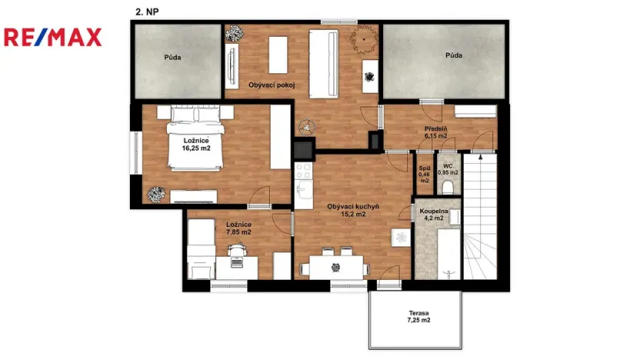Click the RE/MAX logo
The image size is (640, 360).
pos(52,37)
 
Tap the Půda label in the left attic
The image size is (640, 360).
pos(172,57)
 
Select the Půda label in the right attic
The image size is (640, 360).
pos(454,55)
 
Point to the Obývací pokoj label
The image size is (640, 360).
pos(272,85)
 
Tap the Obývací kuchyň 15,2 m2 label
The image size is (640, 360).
pos(353,211)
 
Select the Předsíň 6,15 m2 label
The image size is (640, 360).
pos(435,132)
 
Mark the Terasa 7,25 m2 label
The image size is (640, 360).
pos(418,316)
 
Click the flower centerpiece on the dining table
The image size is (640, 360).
pos(335,267)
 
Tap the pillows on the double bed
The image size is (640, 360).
pos(195,115)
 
